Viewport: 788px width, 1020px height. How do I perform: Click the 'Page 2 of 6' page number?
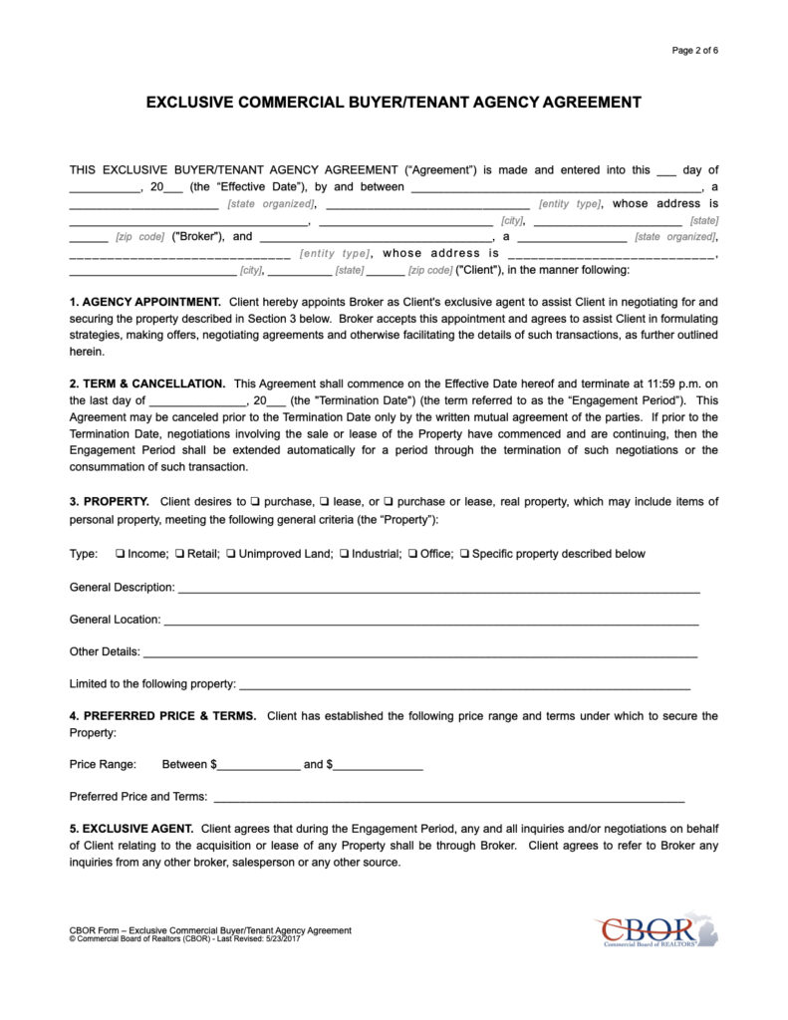(694, 51)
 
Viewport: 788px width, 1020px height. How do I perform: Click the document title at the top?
(394, 102)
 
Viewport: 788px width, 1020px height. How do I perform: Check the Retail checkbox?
(180, 554)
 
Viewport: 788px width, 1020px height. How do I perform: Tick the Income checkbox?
(121, 554)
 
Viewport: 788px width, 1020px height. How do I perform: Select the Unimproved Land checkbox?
(231, 554)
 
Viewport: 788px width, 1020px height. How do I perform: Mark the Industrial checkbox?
(344, 554)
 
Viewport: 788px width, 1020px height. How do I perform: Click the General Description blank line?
(437, 590)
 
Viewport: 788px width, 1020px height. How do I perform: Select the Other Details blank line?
(419, 654)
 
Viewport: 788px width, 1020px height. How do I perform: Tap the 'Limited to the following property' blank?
(464, 686)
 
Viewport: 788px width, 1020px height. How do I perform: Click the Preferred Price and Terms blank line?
(448, 799)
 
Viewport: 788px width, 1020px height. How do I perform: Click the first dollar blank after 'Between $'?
(259, 767)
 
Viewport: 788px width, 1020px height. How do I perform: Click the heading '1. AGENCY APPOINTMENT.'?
(145, 301)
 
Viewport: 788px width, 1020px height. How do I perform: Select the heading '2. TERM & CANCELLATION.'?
(147, 383)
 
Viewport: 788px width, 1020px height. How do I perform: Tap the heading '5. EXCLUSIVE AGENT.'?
(131, 829)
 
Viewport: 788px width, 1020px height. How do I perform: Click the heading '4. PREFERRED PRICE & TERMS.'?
(162, 716)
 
